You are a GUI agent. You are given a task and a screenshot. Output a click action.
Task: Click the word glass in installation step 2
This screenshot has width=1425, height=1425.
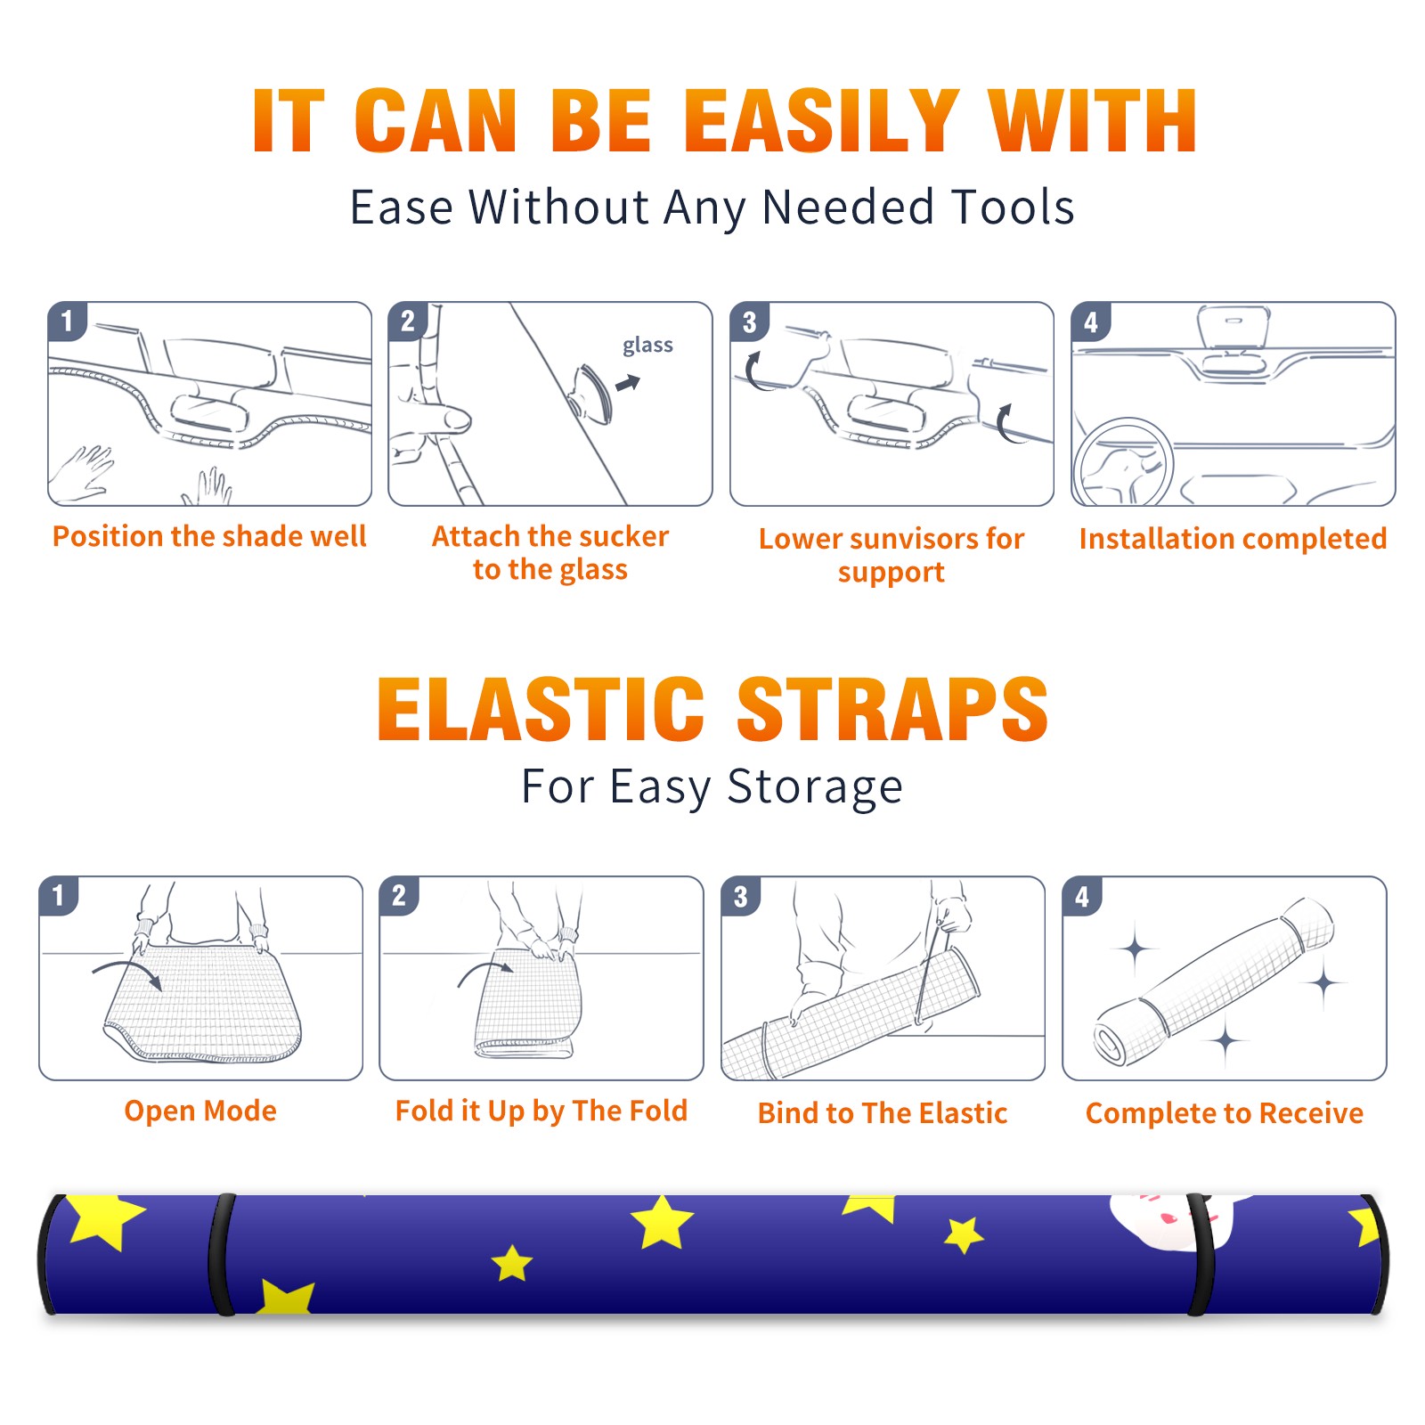click(647, 346)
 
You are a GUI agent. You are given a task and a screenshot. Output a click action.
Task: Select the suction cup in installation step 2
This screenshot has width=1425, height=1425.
click(592, 393)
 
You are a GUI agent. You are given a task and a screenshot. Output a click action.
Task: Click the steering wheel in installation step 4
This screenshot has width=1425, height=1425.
click(1122, 463)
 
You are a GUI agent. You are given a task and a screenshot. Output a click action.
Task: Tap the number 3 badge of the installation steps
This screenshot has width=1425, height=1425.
click(749, 322)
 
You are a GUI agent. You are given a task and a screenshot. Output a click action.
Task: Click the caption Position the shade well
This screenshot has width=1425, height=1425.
click(209, 536)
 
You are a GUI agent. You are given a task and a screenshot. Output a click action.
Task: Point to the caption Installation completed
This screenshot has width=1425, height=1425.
click(1233, 539)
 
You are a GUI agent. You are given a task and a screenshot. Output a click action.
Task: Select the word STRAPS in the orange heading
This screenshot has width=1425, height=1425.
click(892, 709)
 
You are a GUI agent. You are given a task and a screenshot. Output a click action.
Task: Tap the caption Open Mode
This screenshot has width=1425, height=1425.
click(200, 1111)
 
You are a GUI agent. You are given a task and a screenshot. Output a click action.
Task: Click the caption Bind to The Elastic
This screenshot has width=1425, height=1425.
click(883, 1113)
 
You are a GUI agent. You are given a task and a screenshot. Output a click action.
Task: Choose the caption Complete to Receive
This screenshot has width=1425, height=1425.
click(1225, 1113)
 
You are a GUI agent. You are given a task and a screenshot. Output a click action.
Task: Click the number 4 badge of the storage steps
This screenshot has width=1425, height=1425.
click(1082, 896)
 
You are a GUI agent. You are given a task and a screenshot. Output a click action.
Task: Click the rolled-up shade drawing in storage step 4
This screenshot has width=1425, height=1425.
click(1214, 983)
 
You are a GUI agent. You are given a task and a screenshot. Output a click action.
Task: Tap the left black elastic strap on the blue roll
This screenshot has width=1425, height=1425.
click(221, 1254)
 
